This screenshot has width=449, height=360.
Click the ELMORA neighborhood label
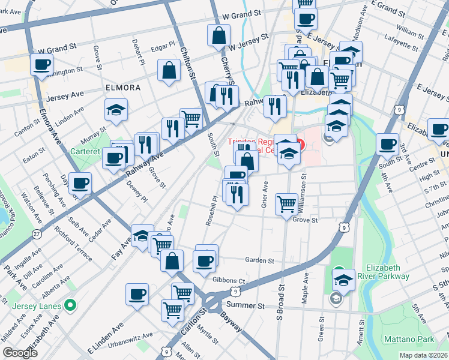[x=122, y=87]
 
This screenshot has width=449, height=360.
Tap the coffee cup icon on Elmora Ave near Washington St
[x=42, y=65]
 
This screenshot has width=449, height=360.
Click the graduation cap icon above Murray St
[x=116, y=110]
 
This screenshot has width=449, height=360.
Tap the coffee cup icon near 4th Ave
[x=387, y=143]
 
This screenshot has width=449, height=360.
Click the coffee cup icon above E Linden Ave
[x=137, y=294]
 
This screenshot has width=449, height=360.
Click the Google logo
[x=20, y=353]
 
